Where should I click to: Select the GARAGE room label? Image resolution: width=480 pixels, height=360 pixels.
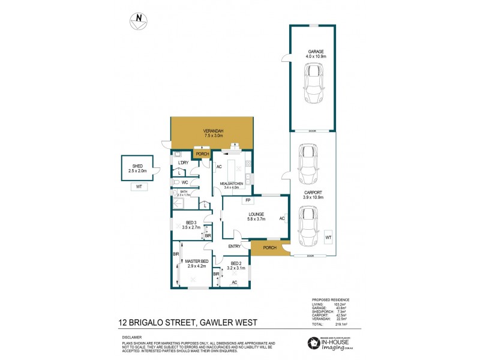[316, 52]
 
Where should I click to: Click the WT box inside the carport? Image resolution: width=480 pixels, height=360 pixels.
[328, 238]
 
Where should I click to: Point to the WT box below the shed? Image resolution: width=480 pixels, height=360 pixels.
[138, 187]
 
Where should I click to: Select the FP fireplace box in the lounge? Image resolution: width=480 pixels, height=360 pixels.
[247, 200]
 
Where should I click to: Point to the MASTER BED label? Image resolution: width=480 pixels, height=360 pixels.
[196, 260]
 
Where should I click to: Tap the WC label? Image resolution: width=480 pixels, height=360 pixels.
[185, 182]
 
